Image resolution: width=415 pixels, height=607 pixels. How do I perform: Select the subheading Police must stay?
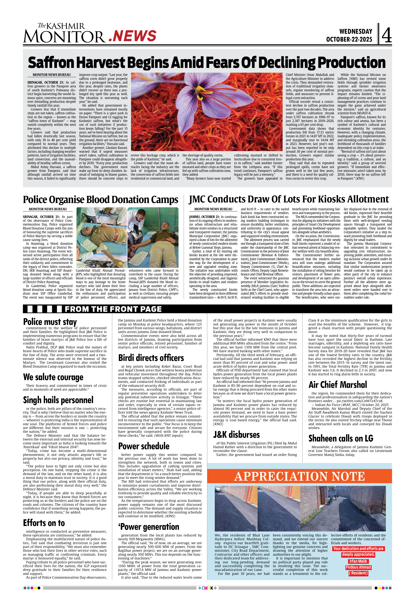tap(50, 322)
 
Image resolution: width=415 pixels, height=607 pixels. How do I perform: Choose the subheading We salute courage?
tap(53, 377)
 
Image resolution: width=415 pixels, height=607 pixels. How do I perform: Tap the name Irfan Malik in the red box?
tap(358, 561)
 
